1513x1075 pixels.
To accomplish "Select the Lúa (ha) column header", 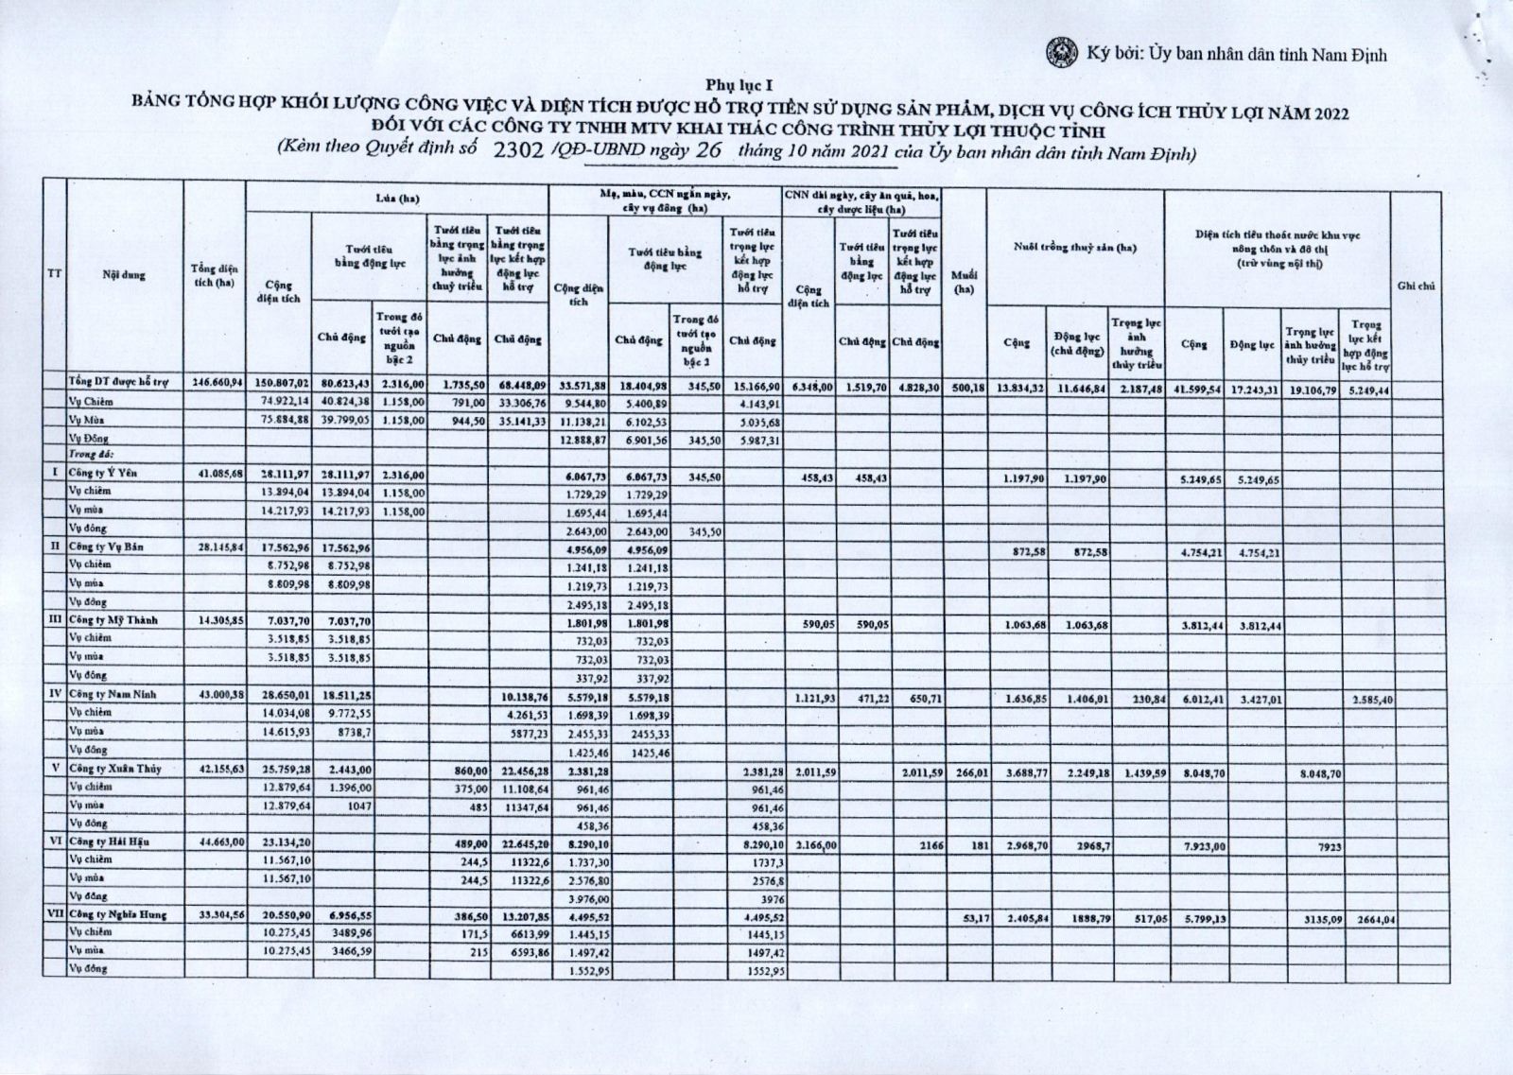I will [x=397, y=199].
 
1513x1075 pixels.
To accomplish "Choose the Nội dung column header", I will [x=124, y=275].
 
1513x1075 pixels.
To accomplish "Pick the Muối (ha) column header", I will [x=964, y=283].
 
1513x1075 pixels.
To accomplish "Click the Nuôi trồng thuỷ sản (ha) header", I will [x=1074, y=248].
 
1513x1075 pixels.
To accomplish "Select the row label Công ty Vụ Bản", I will [x=105, y=546].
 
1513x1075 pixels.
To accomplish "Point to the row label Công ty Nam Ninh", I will [x=110, y=694].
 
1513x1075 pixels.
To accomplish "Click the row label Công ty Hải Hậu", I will [x=109, y=841].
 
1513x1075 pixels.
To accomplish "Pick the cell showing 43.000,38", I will [x=217, y=695].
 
